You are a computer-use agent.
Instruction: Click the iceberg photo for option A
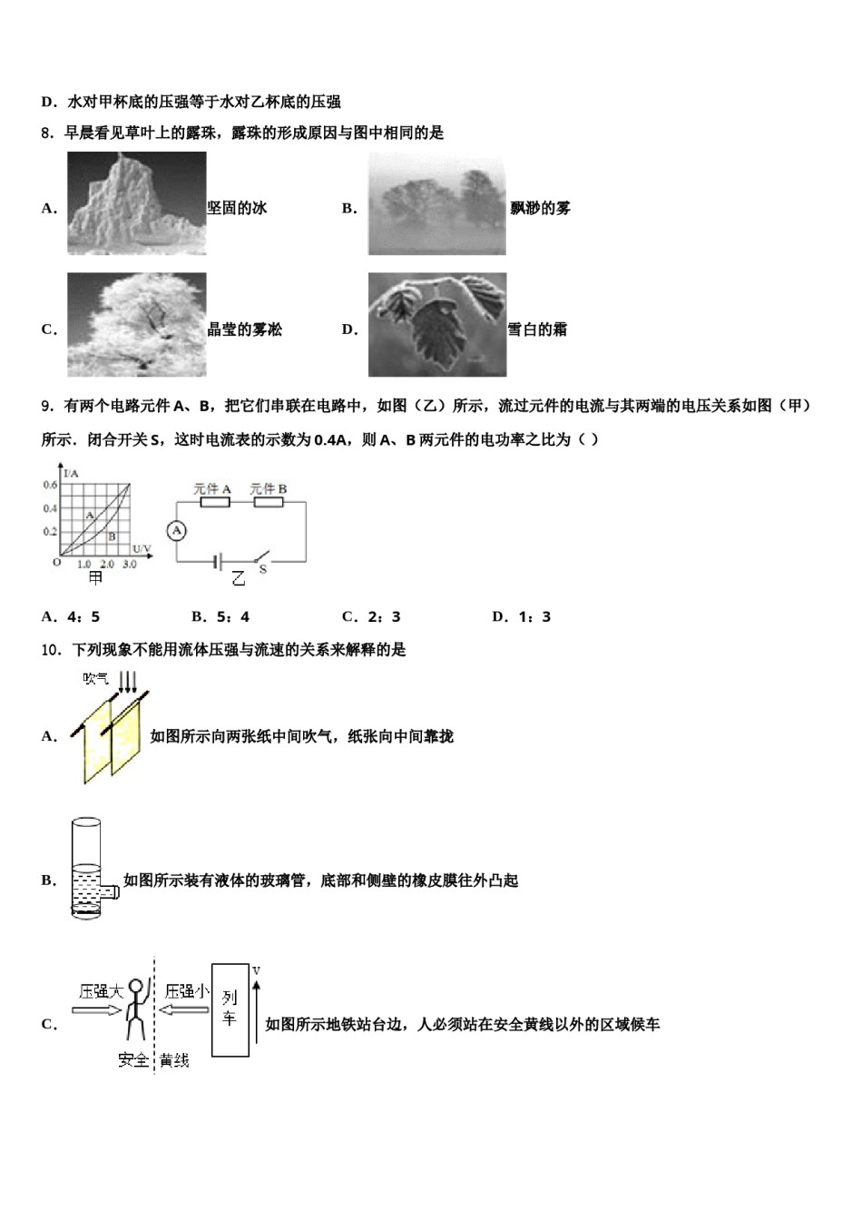pos(137,203)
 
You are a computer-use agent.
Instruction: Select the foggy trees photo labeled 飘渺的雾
pos(436,203)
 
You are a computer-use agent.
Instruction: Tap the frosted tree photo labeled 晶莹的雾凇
pos(137,324)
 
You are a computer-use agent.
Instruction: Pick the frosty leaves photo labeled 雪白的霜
pos(436,324)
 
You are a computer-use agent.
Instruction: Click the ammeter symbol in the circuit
pos(178,530)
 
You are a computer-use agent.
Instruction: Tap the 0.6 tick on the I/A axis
pos(50,485)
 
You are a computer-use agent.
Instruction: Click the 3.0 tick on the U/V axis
pos(130,565)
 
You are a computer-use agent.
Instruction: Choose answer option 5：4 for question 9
pos(220,617)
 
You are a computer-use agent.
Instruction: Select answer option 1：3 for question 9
pos(521,617)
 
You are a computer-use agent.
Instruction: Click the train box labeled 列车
pos(230,1010)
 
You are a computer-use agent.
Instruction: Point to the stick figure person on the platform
pos(135,1008)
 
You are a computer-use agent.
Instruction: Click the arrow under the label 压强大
pos(96,1009)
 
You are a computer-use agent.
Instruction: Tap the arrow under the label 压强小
pos(186,1009)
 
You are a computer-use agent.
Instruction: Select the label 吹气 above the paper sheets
pos(96,678)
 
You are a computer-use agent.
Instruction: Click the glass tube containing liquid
pos(86,867)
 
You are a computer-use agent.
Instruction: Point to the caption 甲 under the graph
pos(94,578)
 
